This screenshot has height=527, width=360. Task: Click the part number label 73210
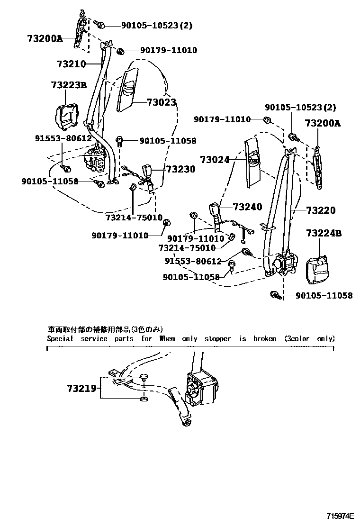71,64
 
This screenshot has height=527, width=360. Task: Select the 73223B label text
69,85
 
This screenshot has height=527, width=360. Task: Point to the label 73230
180,169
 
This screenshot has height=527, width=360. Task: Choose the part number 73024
215,160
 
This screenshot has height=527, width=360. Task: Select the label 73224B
324,233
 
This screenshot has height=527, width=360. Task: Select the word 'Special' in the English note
60,339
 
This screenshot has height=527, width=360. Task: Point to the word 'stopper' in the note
217,339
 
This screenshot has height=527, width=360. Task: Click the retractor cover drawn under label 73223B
67,117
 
